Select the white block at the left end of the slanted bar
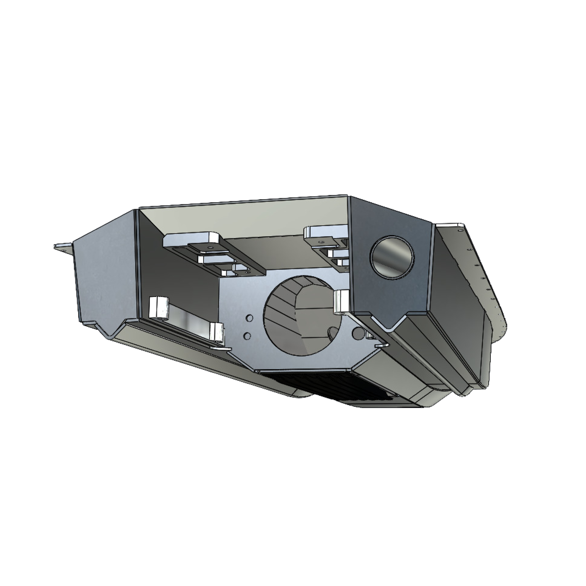159,307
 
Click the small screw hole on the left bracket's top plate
210,247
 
